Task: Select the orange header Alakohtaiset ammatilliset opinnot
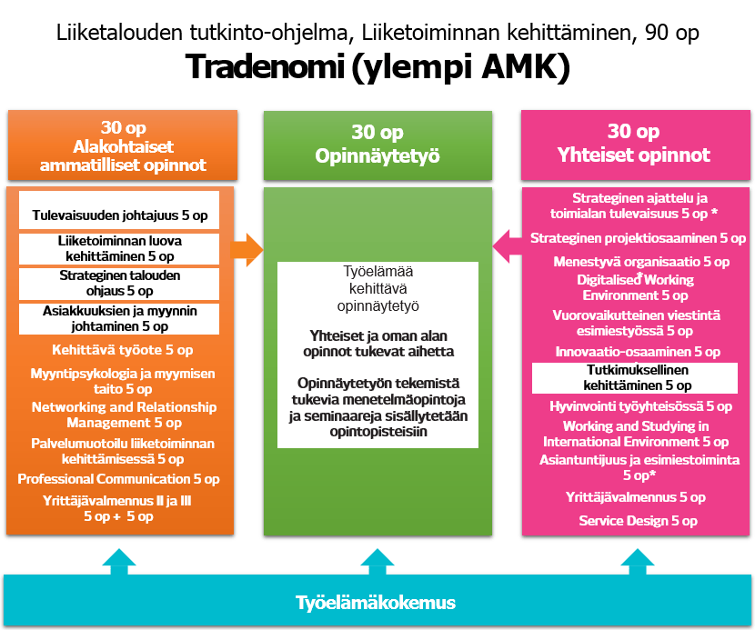(x=123, y=146)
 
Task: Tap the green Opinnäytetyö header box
(x=377, y=145)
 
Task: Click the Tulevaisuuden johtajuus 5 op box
(x=119, y=216)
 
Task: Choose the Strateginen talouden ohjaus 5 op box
(x=119, y=283)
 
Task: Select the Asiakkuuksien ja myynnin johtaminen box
(x=119, y=318)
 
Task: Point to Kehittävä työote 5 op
(x=124, y=350)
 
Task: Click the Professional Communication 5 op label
(x=119, y=479)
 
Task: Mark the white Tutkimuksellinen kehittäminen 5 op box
(x=635, y=377)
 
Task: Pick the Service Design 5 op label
(x=638, y=521)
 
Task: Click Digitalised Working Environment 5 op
(x=635, y=287)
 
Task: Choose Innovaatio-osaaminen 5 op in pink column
(x=637, y=352)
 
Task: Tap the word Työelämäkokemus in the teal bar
(x=376, y=603)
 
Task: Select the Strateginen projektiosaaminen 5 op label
(x=638, y=239)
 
